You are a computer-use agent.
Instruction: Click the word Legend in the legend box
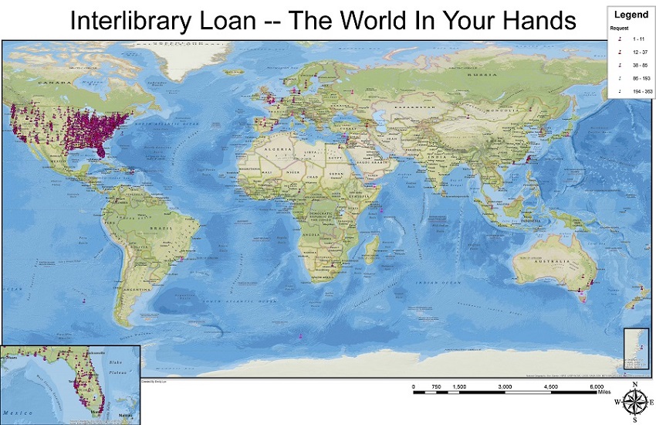tap(631, 14)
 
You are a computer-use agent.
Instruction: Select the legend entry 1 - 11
tap(637, 37)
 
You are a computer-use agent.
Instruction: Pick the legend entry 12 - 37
tap(637, 51)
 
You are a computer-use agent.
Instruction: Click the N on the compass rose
tap(634, 384)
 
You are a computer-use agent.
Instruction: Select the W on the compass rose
tap(617, 402)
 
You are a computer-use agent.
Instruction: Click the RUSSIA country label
tap(483, 75)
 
